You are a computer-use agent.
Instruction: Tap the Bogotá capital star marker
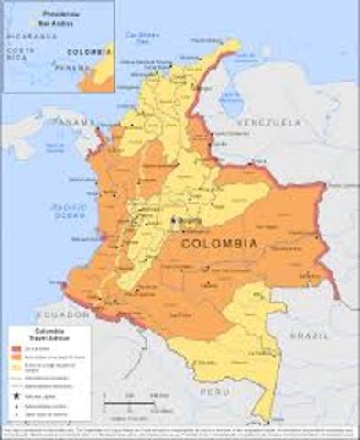point(171,222)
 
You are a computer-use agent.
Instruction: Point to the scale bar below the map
point(128,403)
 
